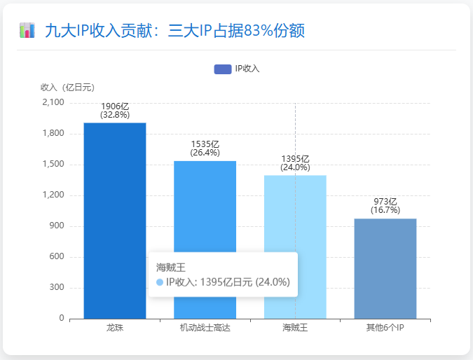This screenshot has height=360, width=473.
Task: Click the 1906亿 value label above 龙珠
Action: click(115, 106)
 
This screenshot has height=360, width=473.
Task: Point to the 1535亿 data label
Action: click(205, 144)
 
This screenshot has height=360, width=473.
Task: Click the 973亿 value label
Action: click(385, 202)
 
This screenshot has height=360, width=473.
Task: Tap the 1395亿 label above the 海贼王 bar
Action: click(295, 159)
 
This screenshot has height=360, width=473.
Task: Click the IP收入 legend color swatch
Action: click(222, 69)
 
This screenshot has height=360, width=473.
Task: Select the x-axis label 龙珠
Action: click(115, 328)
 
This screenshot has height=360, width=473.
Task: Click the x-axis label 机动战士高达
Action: click(205, 328)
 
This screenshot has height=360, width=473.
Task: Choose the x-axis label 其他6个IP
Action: click(385, 328)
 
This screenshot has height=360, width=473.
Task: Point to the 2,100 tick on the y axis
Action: click(53, 103)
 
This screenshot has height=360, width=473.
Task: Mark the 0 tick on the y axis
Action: click(62, 319)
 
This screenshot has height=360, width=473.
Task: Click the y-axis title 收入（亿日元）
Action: click(67, 88)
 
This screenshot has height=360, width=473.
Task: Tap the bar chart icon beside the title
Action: click(27, 30)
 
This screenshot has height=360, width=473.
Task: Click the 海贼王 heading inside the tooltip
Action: click(170, 267)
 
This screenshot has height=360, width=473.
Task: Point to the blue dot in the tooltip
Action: click(160, 282)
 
